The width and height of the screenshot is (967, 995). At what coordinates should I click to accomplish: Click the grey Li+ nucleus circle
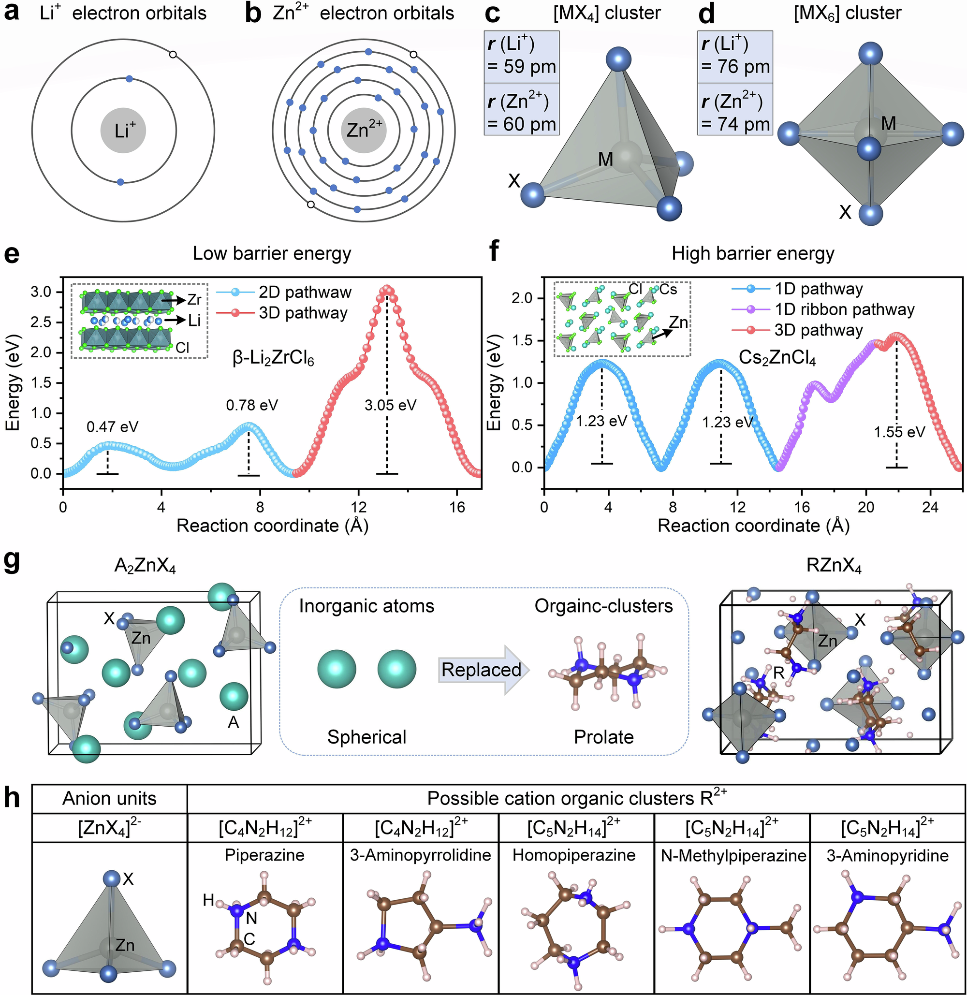[123, 131]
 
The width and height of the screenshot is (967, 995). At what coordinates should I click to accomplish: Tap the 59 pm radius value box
[522, 57]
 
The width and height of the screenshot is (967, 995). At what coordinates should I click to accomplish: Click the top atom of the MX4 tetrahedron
[618, 59]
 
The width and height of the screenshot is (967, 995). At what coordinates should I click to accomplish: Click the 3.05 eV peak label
[390, 405]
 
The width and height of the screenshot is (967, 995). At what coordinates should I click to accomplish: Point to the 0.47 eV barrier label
[112, 426]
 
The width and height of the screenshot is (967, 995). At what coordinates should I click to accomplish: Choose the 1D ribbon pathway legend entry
[823, 309]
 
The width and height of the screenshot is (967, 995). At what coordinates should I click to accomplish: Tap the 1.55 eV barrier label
[899, 432]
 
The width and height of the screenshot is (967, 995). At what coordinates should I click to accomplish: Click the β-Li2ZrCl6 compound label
[273, 359]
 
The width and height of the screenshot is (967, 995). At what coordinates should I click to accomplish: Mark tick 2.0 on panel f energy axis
[522, 298]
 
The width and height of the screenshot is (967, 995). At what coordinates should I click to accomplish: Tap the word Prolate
[603, 737]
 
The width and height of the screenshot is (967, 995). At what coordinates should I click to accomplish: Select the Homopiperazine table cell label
[574, 855]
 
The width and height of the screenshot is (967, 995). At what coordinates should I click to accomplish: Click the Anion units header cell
[109, 798]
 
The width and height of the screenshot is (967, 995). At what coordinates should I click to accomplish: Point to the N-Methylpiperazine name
[733, 856]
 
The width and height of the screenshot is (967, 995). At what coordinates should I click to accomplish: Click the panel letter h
[12, 798]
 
